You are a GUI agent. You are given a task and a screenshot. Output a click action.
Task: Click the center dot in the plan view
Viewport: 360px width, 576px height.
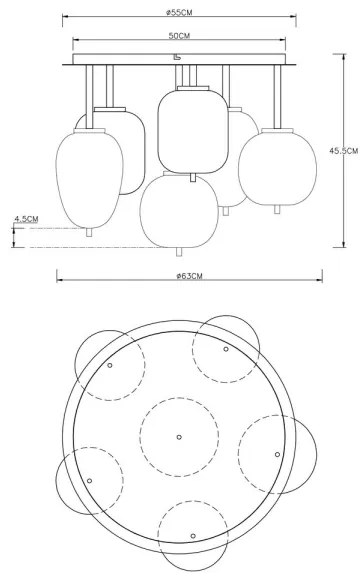click(x=179, y=437)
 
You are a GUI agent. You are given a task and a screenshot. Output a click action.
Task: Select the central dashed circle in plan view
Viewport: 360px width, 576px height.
click(x=179, y=437)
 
